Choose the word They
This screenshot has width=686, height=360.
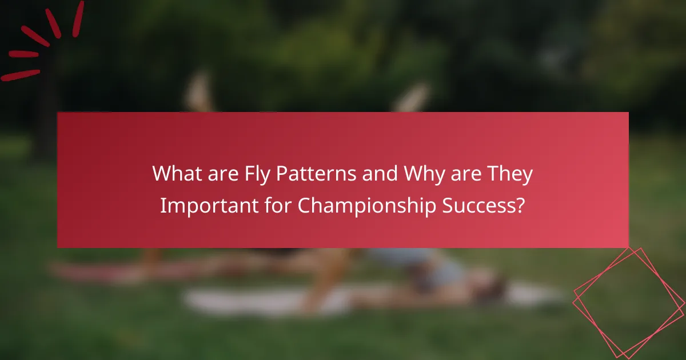pos(510,174)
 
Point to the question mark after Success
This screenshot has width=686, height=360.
pos(520,206)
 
